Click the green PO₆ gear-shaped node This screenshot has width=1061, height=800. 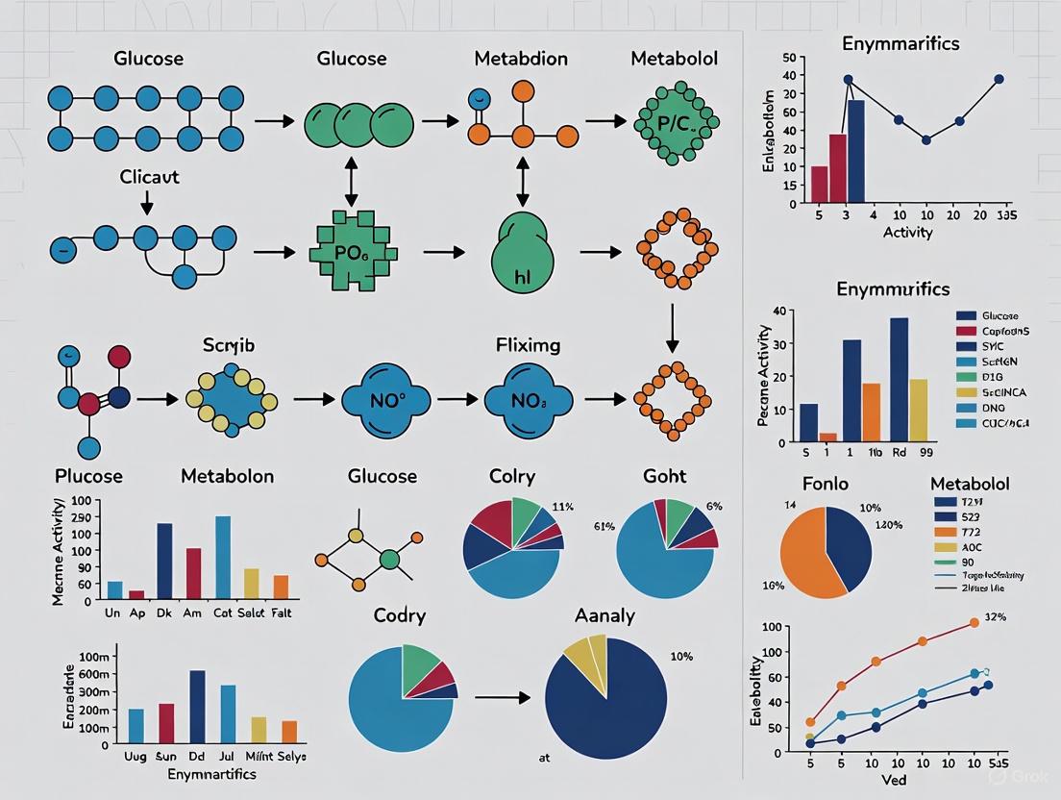point(352,253)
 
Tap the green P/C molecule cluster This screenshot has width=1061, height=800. point(674,122)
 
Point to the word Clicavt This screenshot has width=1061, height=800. point(149,177)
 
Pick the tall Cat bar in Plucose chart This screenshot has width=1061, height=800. point(223,557)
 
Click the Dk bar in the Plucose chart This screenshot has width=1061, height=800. point(164,561)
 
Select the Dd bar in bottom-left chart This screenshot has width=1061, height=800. point(197,702)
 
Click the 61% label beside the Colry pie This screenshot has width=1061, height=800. point(443,526)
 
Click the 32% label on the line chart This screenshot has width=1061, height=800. point(995,617)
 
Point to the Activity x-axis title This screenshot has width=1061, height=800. point(907,233)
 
